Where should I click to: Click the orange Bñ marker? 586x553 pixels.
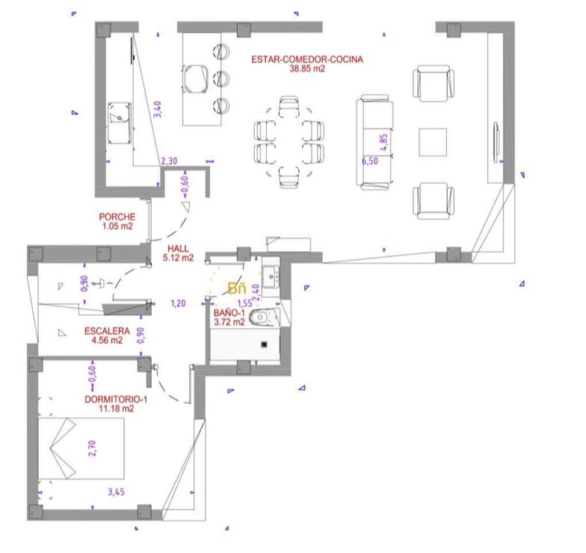click(237, 288)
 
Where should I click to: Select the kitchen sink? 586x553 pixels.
click(120, 123)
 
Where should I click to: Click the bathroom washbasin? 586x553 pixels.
click(271, 276)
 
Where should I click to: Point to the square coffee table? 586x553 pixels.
click(433, 142)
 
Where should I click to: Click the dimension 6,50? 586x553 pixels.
click(369, 161)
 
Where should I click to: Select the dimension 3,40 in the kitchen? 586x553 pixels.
click(157, 109)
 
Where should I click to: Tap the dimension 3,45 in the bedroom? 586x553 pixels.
click(117, 492)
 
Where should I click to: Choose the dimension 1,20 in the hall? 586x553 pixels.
click(178, 303)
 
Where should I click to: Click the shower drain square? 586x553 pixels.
click(264, 345)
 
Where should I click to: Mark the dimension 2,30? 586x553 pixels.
click(169, 161)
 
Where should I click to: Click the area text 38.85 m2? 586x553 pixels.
click(307, 69)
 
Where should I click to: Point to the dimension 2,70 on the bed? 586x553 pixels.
click(92, 448)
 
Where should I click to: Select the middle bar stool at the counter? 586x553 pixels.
click(221, 78)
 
